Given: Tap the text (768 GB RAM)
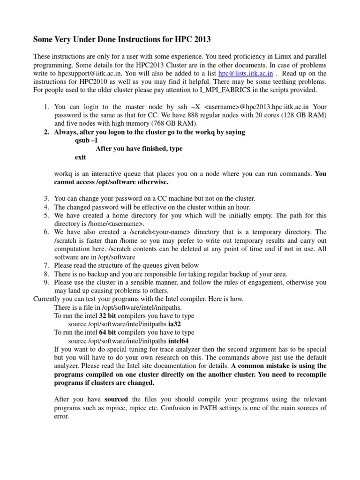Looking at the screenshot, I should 175,123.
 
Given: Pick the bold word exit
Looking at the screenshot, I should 81,157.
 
